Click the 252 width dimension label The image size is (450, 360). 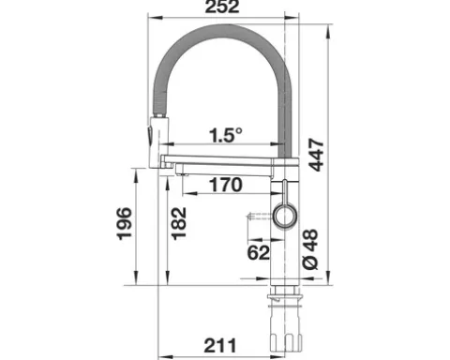click(x=222, y=7)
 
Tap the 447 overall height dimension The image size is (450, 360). click(x=316, y=155)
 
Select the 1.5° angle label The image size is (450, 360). click(x=225, y=135)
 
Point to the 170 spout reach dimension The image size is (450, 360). click(x=226, y=185)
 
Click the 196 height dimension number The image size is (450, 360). click(x=124, y=223)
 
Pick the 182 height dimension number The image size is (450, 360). click(x=179, y=223)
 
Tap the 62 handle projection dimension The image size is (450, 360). click(x=259, y=252)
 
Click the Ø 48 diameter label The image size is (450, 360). click(x=310, y=249)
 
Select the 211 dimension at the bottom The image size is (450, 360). click(x=220, y=345)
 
